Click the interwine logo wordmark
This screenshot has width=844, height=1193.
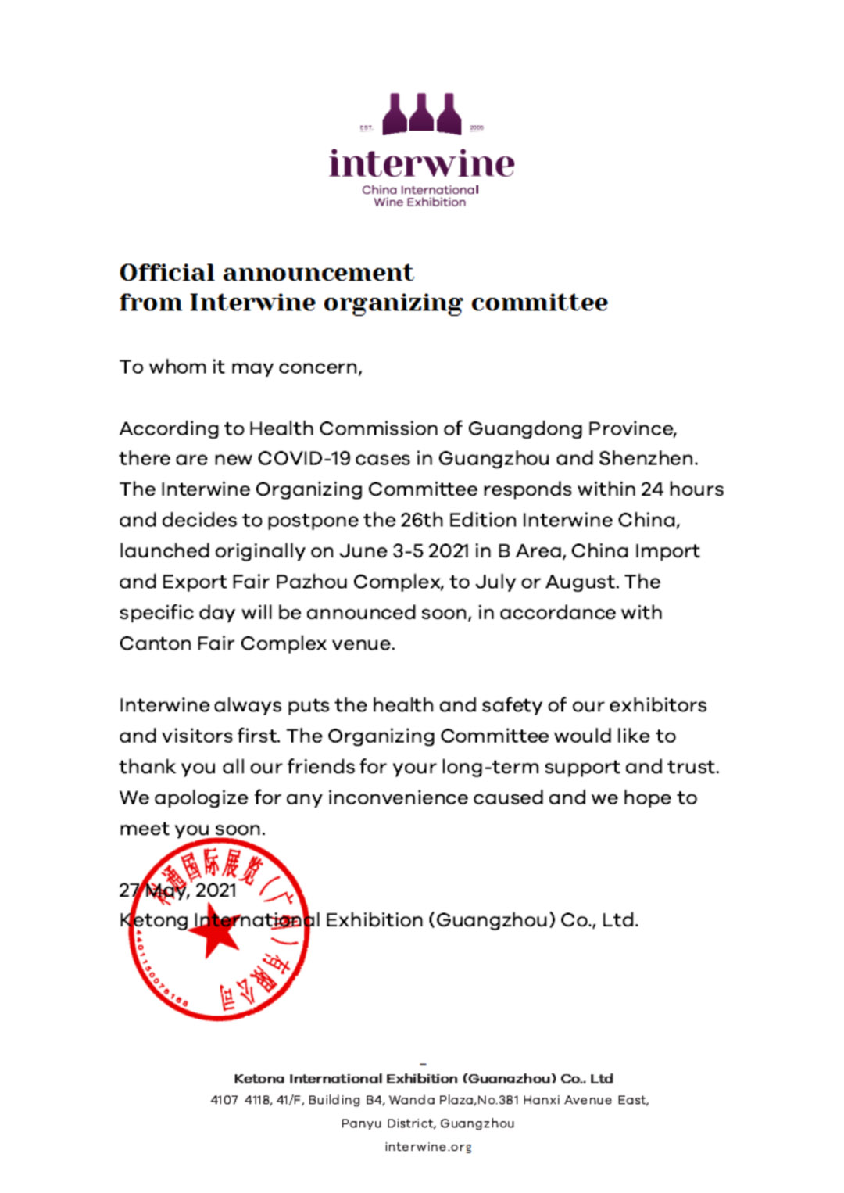coord(421,164)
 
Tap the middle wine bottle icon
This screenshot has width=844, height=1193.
coord(421,114)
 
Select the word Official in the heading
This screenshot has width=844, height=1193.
coord(166,273)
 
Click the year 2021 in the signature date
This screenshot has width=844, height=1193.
coord(216,890)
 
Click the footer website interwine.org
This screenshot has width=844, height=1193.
coord(428,1147)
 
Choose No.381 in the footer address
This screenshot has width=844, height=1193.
coord(499,1100)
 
